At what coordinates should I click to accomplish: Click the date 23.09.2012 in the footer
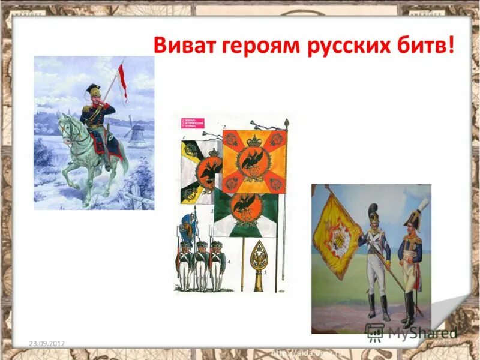pyautogui.click(x=47, y=343)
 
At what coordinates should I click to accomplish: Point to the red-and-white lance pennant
pyautogui.click(x=122, y=84)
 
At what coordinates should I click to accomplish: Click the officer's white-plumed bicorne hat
pyautogui.click(x=415, y=216)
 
